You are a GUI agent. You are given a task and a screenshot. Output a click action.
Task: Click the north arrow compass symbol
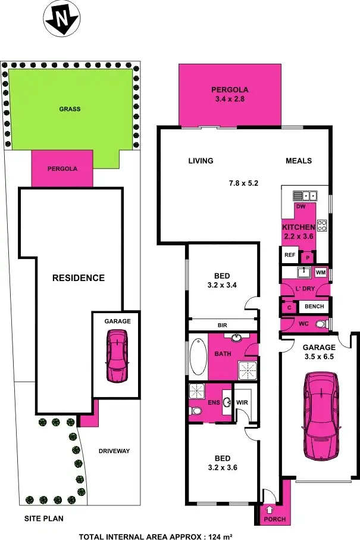(61, 20)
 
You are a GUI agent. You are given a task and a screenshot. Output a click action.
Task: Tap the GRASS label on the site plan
(70, 109)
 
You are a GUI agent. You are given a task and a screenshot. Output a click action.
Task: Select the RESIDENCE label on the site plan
(78, 278)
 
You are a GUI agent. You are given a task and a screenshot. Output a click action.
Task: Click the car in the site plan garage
(117, 356)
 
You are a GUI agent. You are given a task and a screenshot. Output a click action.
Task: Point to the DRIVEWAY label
(114, 451)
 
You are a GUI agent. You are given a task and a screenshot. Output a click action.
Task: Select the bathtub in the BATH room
(197, 356)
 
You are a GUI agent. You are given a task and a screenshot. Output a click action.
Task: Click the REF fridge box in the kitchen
(290, 255)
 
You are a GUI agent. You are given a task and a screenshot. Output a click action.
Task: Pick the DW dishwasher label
(300, 206)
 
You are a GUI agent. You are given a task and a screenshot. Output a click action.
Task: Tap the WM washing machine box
(321, 272)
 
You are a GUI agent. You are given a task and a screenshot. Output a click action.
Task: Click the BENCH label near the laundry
(314, 307)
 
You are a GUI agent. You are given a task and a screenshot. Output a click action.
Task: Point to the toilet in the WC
(321, 324)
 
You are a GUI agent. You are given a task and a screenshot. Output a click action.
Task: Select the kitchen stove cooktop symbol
(322, 225)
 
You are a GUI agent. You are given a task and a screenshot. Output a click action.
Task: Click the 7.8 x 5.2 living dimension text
(243, 183)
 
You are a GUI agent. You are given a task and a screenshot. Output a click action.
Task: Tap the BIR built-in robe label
(223, 325)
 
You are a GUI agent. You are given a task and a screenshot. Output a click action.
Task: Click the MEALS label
(298, 161)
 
